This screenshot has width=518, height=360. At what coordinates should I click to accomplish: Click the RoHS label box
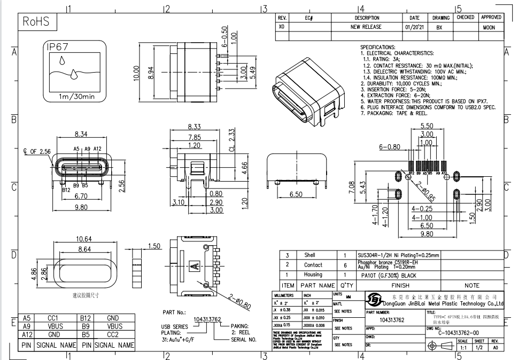(36, 22)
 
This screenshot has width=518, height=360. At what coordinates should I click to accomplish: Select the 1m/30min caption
(76, 97)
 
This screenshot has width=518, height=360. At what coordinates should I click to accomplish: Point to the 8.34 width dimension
(81, 134)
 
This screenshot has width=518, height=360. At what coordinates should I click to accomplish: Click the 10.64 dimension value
(84, 238)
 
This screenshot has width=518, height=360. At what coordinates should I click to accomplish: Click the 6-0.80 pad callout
(389, 146)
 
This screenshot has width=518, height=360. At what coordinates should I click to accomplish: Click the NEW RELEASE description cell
(366, 27)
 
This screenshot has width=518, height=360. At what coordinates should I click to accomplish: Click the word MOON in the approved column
(489, 27)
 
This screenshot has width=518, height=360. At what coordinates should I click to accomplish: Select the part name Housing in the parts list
(313, 275)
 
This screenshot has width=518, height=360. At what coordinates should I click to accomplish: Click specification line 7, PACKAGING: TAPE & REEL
(395, 113)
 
